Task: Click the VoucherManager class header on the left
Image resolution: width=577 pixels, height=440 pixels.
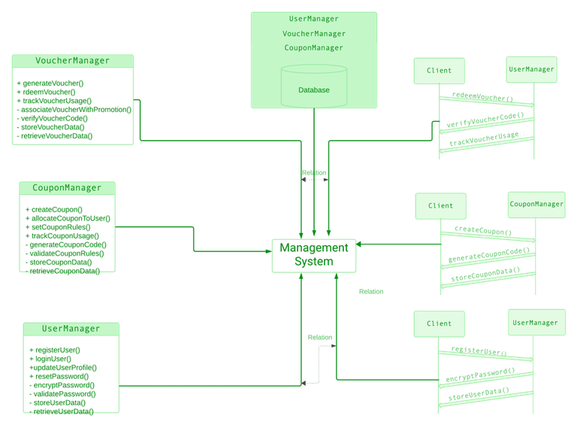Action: tap(72, 61)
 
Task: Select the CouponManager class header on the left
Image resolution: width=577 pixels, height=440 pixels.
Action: tap(67, 187)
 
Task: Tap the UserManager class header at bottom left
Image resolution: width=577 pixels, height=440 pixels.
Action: tap(71, 329)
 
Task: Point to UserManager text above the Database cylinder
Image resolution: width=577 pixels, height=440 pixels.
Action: tap(313, 19)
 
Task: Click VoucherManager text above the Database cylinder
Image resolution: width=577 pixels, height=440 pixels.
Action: tap(313, 33)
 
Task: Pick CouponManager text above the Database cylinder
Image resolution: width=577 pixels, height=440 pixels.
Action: tap(313, 47)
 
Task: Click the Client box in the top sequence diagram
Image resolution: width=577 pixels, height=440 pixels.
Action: tap(439, 70)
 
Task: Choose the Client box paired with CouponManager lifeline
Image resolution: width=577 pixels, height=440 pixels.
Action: tap(440, 205)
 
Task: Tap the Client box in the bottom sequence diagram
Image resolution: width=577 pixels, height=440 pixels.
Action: tap(439, 323)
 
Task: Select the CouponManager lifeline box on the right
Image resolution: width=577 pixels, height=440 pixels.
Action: tap(536, 204)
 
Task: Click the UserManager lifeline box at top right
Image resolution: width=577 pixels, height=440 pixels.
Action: tap(531, 69)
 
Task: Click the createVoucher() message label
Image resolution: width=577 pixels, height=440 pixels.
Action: tap(482, 97)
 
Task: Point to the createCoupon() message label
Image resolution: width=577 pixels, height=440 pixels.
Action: tap(482, 231)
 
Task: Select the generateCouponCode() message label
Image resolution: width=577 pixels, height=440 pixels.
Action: tap(489, 254)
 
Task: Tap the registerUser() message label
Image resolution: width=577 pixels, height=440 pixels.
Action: tap(478, 350)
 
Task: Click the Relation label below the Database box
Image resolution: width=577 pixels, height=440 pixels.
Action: tap(314, 173)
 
